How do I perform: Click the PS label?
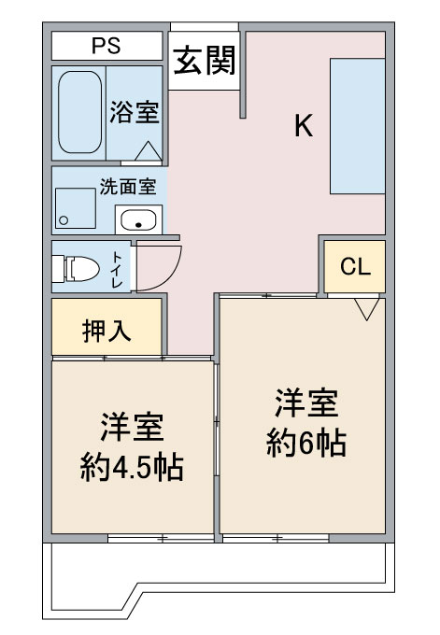[106, 46]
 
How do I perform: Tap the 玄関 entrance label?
[205, 61]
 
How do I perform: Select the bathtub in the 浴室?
[79, 112]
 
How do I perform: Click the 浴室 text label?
[135, 112]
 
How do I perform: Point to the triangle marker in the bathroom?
[149, 150]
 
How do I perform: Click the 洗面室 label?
[128, 187]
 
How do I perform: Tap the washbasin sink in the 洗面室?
[138, 219]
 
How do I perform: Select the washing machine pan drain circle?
[64, 220]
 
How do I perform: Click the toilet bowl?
[77, 268]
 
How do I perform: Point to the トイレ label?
[117, 270]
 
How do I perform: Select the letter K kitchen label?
[304, 125]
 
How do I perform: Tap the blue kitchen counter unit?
[357, 126]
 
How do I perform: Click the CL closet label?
[355, 266]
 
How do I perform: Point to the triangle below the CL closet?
[366, 309]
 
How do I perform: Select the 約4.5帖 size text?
[132, 467]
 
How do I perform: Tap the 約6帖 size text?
[306, 443]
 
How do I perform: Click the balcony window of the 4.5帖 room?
[161, 538]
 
